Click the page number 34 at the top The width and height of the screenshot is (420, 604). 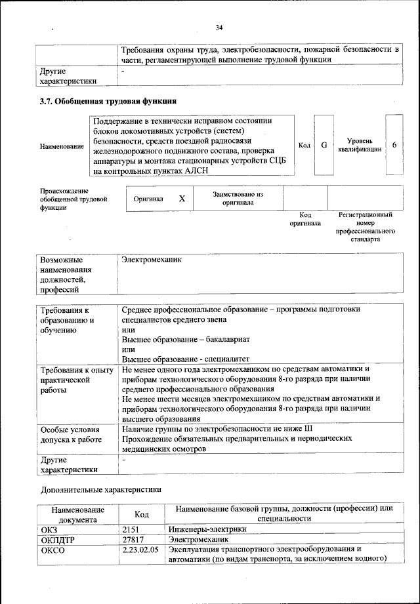point(219,27)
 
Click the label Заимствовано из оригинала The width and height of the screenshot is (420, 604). point(238,199)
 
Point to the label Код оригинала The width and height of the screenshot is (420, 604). point(305,219)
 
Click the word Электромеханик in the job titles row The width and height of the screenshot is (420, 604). point(152,260)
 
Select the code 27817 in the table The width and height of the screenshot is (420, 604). point(134,539)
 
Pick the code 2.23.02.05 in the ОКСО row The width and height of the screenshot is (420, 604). point(140,550)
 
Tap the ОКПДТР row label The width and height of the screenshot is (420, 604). point(59,539)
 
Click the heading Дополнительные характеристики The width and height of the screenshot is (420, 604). point(100,489)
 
